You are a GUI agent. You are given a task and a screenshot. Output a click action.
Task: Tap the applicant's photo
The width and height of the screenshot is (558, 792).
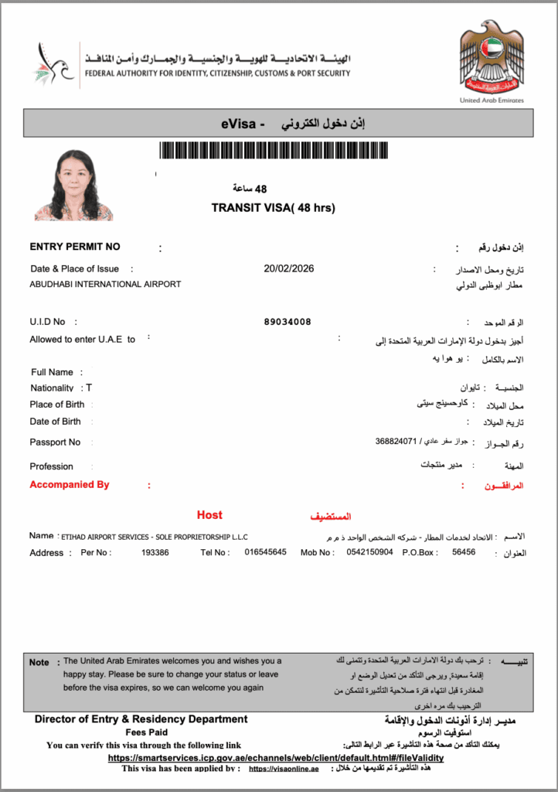coord(74,186)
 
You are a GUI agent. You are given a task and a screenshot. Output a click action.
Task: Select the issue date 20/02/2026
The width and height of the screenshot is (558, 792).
coord(288,268)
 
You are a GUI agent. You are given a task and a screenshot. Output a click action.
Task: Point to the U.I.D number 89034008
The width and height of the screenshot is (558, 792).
coord(288,322)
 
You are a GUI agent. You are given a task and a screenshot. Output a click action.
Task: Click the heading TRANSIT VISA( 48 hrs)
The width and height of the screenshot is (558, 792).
coord(273,207)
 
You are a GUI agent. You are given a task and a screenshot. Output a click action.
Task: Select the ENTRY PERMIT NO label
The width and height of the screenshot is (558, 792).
coord(75,247)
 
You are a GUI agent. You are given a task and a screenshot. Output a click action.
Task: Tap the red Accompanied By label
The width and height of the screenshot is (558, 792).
coord(70,485)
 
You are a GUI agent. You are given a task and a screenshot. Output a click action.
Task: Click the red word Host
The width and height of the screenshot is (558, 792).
coord(209,515)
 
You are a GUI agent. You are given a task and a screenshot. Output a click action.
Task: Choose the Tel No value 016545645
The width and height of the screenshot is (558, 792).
coord(265,552)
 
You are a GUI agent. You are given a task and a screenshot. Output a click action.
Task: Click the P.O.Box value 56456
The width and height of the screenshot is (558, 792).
coord(464,552)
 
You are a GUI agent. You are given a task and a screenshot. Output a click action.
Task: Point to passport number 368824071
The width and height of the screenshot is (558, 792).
coord(396,441)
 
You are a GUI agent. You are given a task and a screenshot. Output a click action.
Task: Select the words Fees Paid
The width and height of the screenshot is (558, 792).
coord(146,732)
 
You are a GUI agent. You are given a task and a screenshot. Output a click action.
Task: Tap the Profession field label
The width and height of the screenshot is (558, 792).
coord(51,466)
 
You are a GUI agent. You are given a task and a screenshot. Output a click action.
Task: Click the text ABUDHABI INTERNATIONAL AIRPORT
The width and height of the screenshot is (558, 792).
coord(105,284)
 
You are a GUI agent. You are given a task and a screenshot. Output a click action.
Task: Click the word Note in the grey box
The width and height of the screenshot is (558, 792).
coord(39,662)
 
